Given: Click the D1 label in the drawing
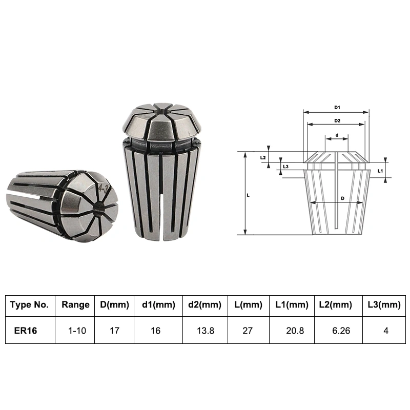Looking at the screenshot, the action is coord(337,108).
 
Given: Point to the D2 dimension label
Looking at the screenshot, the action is coord(337,121).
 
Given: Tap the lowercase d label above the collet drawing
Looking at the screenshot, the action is coord(337,135).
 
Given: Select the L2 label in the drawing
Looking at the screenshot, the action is coord(263,158).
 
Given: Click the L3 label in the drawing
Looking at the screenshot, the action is coord(285,167).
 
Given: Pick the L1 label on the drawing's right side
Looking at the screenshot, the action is coord(380,171).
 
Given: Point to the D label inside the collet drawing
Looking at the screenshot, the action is coord(343,198).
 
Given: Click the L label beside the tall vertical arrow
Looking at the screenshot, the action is coord(248,195).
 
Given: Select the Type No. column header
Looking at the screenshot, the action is coord(29,304).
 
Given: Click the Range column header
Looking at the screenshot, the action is coord(75,304).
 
